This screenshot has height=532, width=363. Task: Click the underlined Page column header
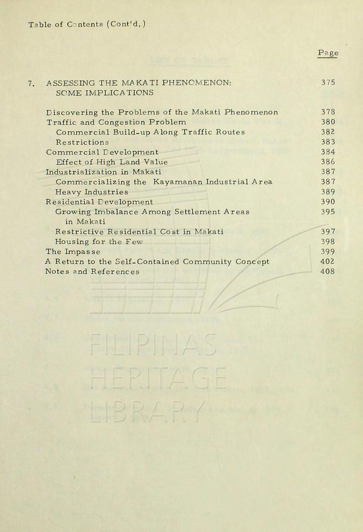[x=328, y=53]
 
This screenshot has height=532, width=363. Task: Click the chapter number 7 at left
[x=31, y=83]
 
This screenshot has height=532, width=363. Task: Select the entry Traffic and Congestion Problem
[x=116, y=122]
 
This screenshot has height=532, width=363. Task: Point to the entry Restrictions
[x=82, y=142]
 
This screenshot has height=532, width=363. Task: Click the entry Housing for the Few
[x=99, y=242]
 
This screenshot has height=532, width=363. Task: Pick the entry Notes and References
[x=93, y=272]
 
